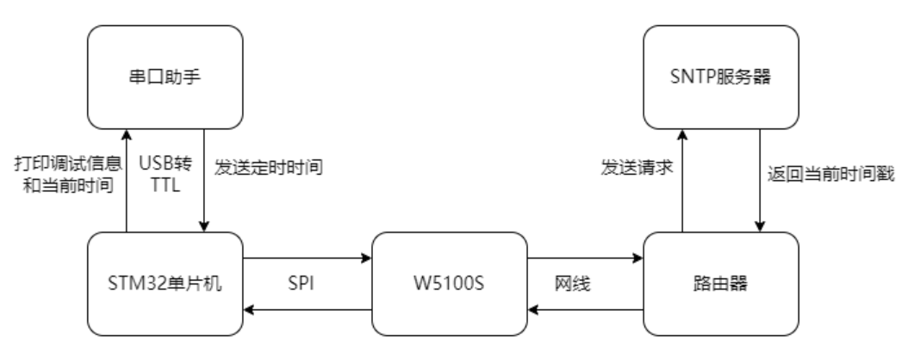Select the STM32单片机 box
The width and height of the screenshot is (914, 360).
pos(165,282)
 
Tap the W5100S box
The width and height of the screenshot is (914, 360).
pos(449,282)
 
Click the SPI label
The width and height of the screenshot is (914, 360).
pos(308,283)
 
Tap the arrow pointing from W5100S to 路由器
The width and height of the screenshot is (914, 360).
pos(586,256)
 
